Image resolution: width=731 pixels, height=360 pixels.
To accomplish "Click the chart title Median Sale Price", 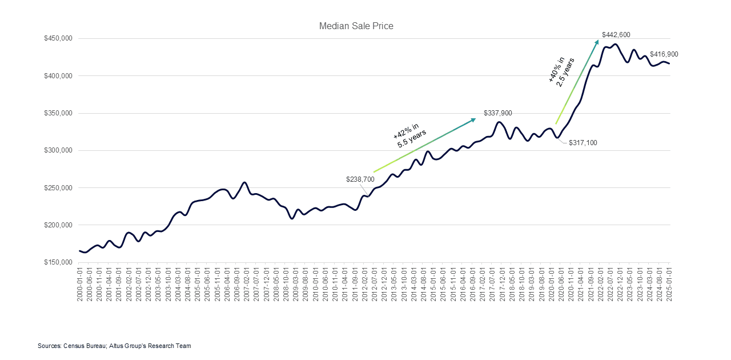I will coord(356,26).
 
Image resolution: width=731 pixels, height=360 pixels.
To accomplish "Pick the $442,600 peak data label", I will coord(616,35).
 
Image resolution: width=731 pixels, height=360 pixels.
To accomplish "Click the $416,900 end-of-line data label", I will coord(664,54).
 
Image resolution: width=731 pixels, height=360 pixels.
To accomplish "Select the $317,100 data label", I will coord(583,143).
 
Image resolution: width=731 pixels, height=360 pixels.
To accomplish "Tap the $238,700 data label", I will coord(360,179).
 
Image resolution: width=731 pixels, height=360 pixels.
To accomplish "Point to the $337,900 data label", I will coord(498,113).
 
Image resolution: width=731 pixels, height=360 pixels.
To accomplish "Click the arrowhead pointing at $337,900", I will coord(473,119).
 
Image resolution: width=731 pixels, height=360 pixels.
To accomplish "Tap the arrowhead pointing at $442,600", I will coord(597,42).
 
